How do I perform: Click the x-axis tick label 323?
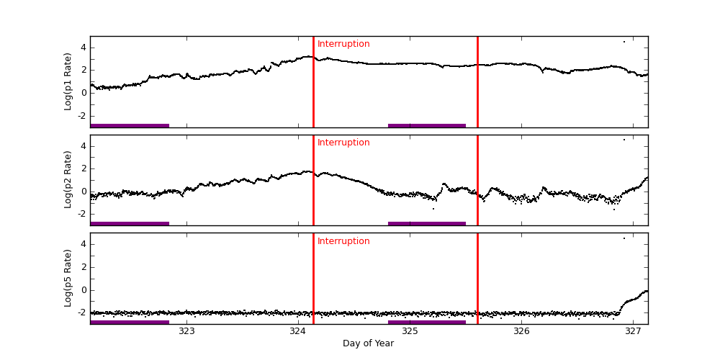[186, 331]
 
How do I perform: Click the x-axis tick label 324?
[298, 331]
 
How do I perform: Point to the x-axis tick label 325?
[410, 331]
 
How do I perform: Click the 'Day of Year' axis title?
[368, 343]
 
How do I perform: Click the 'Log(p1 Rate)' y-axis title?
[68, 81]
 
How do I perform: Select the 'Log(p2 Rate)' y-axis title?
[68, 180]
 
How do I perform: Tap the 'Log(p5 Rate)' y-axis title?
[68, 278]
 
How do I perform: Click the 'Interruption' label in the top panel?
[343, 44]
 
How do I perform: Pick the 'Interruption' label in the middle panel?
[343, 143]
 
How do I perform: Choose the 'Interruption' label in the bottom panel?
[343, 241]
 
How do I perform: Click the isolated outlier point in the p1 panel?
[624, 42]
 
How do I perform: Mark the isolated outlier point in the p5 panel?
[624, 238]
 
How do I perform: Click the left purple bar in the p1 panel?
[130, 125]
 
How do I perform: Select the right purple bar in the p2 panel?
[427, 223]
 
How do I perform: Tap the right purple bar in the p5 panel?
[427, 322]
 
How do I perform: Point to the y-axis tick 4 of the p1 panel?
[83, 48]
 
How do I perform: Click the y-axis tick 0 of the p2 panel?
[83, 192]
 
